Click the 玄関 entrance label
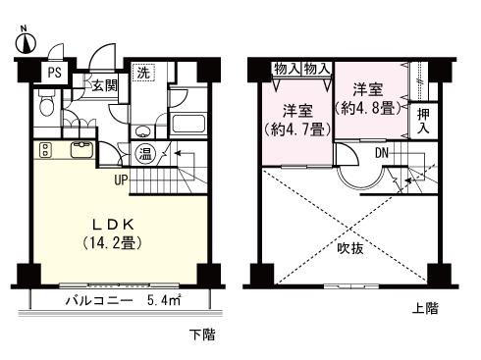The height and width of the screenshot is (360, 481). click(105, 84)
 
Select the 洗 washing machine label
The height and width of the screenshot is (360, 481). click(143, 73)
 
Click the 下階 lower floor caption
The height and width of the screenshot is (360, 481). click(201, 335)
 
